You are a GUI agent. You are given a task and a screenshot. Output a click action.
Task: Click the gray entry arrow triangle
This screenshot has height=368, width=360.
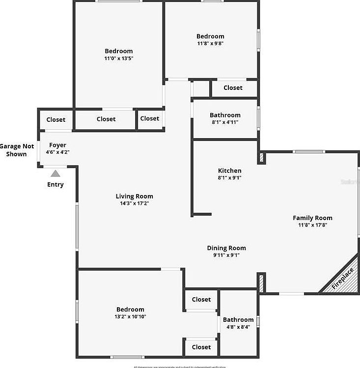tap(55, 173)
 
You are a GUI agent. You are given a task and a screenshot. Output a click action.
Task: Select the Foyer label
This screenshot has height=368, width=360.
tap(57, 145)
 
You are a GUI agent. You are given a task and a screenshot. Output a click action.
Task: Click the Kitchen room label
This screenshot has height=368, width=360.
tap(229, 170)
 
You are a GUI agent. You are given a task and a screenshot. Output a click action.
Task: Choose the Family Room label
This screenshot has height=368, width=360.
tap(312, 218)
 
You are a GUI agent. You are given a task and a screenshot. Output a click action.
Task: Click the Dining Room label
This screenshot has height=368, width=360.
tap(226, 248)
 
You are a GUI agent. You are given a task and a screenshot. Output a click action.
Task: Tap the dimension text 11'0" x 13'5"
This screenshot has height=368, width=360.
tap(118, 58)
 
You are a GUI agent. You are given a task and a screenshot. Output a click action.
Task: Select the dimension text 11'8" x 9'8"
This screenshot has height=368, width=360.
tap(210, 43)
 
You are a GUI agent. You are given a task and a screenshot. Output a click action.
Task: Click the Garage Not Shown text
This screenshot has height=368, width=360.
tap(17, 150)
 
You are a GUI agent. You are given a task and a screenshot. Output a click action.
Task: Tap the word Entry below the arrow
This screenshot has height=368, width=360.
tap(55, 185)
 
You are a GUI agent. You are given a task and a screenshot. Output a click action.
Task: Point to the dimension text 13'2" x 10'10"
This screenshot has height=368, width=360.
tap(130, 316)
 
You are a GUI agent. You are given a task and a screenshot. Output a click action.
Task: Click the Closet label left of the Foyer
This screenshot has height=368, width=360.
tap(56, 119)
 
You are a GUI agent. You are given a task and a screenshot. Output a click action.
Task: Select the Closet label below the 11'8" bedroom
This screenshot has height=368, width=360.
tap(233, 87)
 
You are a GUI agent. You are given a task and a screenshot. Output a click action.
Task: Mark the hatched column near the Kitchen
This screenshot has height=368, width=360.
tap(262, 159)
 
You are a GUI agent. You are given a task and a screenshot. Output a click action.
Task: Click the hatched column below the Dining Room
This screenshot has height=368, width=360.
tap(262, 283)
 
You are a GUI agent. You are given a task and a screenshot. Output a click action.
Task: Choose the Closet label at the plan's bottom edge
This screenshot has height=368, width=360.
tap(201, 347)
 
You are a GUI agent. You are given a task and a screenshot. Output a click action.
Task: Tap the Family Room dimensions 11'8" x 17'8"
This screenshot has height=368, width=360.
tap(312, 225)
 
